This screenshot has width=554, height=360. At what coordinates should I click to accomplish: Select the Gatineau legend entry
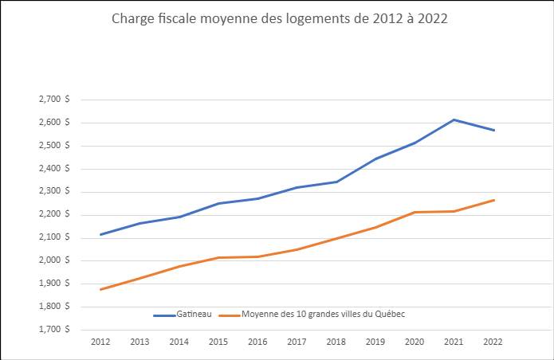coord(183,315)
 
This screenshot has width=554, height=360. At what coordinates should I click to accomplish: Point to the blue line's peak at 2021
coord(454,119)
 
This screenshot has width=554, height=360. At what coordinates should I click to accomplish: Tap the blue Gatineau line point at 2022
coord(493,130)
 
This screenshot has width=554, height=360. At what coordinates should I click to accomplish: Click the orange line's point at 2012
coord(100,289)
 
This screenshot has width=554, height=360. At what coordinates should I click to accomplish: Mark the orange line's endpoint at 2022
coord(493,200)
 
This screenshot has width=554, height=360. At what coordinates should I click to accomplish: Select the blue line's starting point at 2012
coord(100,234)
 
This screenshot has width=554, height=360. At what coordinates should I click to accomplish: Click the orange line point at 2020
coord(415,212)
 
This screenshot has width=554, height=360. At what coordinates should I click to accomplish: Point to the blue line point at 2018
coord(336,182)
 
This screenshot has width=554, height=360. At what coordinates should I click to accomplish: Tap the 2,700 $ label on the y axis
coord(53,100)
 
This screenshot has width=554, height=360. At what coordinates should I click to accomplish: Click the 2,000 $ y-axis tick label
coord(53,260)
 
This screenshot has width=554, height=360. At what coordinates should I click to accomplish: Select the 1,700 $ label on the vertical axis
coord(53,329)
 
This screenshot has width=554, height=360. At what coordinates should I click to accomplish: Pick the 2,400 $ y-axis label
coord(53,169)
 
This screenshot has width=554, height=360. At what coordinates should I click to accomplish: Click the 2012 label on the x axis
coord(100,341)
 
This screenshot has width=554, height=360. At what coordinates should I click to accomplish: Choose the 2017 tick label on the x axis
coord(297,341)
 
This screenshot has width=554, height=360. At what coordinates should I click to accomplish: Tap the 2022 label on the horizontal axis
coord(493,341)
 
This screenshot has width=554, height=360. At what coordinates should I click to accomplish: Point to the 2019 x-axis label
coord(375,341)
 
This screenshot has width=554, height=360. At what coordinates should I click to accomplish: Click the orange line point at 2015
coord(218,257)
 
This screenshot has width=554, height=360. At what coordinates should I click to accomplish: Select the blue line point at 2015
coord(218,203)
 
